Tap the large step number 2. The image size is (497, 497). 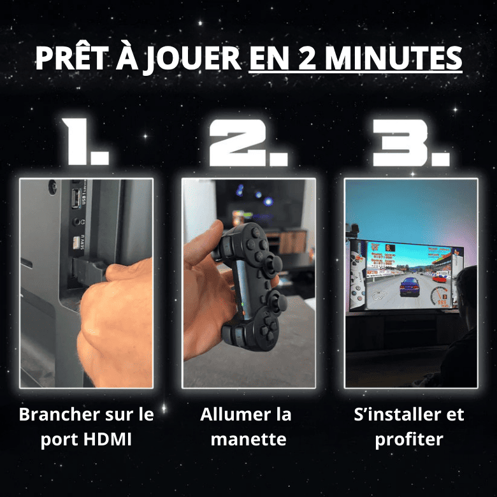click(248, 141)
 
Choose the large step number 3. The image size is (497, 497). click(409, 141)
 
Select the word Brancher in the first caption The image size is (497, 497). click(57, 415)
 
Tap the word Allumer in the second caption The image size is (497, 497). click(230, 415)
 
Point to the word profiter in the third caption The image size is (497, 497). click(409, 440)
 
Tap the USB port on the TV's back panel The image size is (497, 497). click(76, 194)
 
